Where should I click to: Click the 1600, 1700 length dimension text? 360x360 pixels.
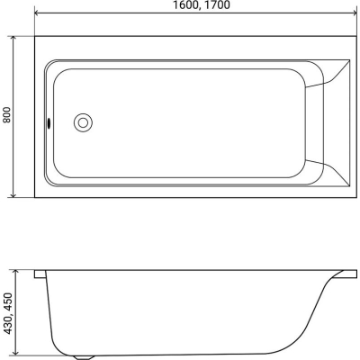[202, 5]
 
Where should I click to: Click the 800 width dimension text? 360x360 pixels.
[6, 114]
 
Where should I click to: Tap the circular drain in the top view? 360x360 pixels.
[83, 122]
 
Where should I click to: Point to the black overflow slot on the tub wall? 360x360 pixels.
[49, 123]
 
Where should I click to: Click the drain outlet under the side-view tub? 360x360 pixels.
[83, 357]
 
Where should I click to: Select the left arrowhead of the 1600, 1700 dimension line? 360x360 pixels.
[39, 13]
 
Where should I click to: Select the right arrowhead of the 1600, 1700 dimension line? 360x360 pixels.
[353, 13]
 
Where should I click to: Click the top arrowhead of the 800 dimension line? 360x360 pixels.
[13, 40]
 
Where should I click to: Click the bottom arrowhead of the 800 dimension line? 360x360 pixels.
[13, 193]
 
